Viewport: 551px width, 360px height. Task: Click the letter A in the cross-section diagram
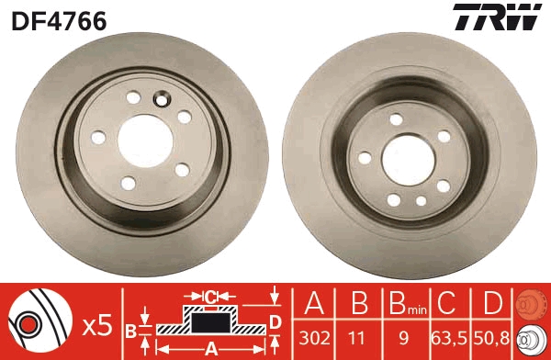pos(211,348)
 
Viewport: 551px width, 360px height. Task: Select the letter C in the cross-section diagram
pos(210,297)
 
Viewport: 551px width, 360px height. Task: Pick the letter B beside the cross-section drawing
pos(131,328)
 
